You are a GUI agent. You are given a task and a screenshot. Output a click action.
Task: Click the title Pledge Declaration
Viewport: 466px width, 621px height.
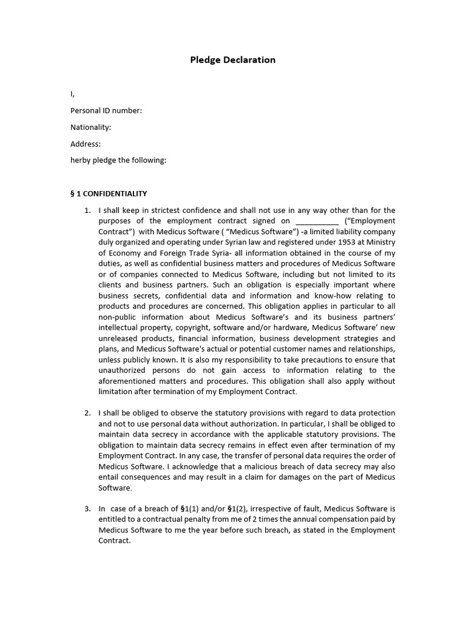pyautogui.click(x=233, y=59)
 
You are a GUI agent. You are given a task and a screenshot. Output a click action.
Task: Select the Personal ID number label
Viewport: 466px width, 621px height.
pyautogui.click(x=106, y=110)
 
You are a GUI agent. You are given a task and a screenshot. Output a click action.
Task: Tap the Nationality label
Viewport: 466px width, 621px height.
pyautogui.click(x=91, y=127)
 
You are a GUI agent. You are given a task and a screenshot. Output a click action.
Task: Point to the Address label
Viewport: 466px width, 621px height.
pyautogui.click(x=86, y=144)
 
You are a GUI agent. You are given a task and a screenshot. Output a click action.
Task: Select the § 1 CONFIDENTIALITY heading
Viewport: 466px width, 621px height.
pyautogui.click(x=109, y=193)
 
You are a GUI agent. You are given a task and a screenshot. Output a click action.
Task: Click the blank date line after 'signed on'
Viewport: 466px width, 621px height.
pyautogui.click(x=316, y=221)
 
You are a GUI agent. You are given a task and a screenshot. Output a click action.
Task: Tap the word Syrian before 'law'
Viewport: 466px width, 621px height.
pyautogui.click(x=226, y=243)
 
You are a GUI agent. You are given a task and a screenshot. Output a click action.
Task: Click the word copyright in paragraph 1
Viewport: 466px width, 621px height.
pyautogui.click(x=171, y=328)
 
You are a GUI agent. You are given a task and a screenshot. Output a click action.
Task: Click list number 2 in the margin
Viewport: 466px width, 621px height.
pyautogui.click(x=87, y=413)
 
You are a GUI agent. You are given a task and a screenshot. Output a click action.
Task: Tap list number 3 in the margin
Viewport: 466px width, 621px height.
pyautogui.click(x=87, y=508)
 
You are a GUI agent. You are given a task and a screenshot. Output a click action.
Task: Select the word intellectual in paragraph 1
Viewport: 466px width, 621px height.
pyautogui.click(x=119, y=328)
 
